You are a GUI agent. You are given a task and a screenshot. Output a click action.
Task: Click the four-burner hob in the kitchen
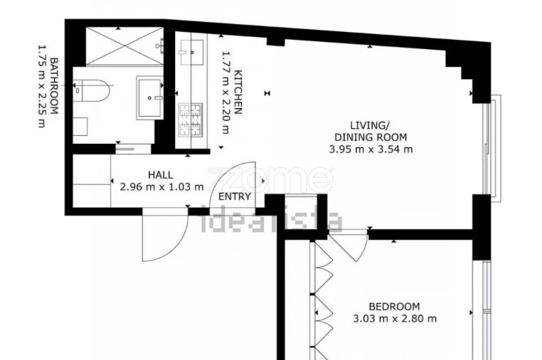(x=190, y=119)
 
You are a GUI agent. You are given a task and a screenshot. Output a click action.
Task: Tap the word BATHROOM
(x=53, y=85)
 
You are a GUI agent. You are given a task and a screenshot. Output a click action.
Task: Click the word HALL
(x=160, y=175)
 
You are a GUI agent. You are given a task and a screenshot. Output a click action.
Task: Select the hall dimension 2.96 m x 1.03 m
(x=157, y=187)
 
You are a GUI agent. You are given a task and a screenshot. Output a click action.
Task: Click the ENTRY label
(x=234, y=197)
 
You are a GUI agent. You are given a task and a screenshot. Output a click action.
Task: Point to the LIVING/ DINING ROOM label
(x=371, y=130)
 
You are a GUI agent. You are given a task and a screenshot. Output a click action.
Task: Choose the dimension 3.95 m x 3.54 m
(x=371, y=149)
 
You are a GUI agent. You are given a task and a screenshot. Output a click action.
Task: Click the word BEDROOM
(x=393, y=306)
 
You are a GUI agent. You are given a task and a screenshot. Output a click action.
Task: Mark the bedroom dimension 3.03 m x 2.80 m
(x=393, y=319)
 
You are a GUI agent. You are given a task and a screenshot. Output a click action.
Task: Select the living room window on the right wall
(x=487, y=146)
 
